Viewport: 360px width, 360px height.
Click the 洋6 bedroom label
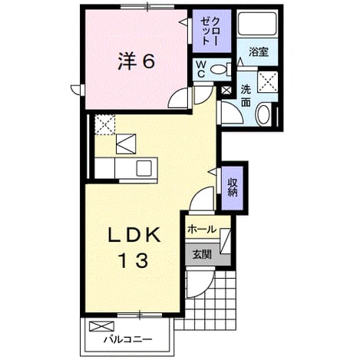pyautogui.click(x=136, y=61)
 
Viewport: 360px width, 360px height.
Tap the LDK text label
pyautogui.click(x=134, y=235)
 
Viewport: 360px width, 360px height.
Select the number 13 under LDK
pyautogui.click(x=134, y=260)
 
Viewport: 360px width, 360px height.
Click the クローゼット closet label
pyautogui.click(x=210, y=31)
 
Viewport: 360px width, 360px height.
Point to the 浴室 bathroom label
pyautogui.click(x=259, y=52)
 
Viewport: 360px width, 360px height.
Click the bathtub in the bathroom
pyautogui.click(x=257, y=24)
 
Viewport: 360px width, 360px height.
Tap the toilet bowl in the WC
pyautogui.click(x=219, y=69)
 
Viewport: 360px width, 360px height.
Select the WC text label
pyautogui.click(x=200, y=68)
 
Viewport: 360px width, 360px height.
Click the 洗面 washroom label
pyautogui.click(x=246, y=96)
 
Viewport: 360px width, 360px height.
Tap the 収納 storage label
pyautogui.click(x=233, y=187)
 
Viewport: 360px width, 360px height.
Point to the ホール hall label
pyautogui.click(x=202, y=230)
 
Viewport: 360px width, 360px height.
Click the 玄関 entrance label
pyautogui.click(x=202, y=254)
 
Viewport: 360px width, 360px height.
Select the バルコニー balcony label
pyautogui.click(x=127, y=340)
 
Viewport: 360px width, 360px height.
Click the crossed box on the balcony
pyautogui.click(x=101, y=326)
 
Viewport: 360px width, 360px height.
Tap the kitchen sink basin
pyautogui.click(x=144, y=168)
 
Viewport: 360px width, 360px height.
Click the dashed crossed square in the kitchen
pyautogui.click(x=104, y=124)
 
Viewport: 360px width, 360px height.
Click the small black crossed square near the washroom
pyautogui.click(x=226, y=90)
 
